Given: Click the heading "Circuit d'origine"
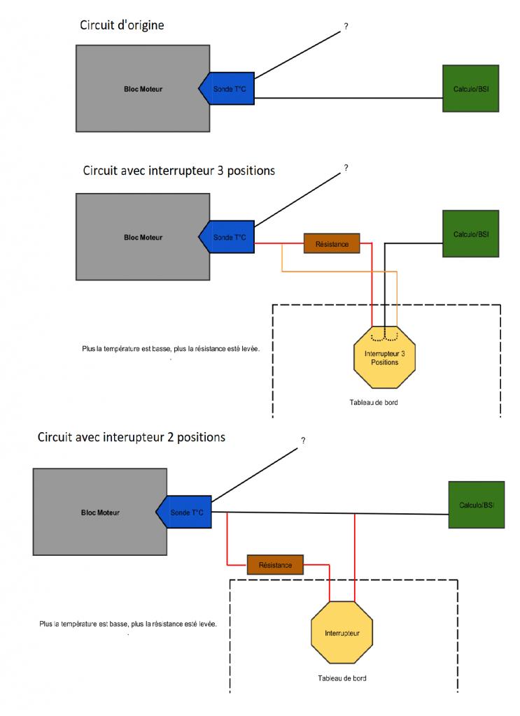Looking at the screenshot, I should pos(123,25).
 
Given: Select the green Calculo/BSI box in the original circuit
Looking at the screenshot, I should pos(471,88).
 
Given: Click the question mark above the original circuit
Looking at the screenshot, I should pos(346,27).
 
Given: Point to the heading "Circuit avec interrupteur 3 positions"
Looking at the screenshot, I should pos(178,170).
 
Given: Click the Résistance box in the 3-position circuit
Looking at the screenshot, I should pos(331,243).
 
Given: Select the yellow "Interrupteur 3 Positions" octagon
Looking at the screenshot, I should pos(385,357).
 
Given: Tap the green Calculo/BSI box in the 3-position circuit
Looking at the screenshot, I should pos(470,234).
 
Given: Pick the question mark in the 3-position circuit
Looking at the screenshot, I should pos(346,169).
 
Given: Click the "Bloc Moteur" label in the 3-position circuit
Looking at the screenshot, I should pos(143,238).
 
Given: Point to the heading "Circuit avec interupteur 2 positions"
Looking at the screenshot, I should pos(132,438).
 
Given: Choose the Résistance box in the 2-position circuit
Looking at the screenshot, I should pos(274,564).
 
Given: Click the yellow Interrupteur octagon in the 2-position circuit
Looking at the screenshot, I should pos(342,633).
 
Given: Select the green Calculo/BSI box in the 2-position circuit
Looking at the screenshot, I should pos(476,505).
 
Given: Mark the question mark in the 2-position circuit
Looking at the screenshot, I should pos(303,441).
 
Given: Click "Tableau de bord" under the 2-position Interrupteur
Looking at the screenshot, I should pos(342,678).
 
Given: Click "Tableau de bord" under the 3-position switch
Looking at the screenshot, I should pos(374,403).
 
